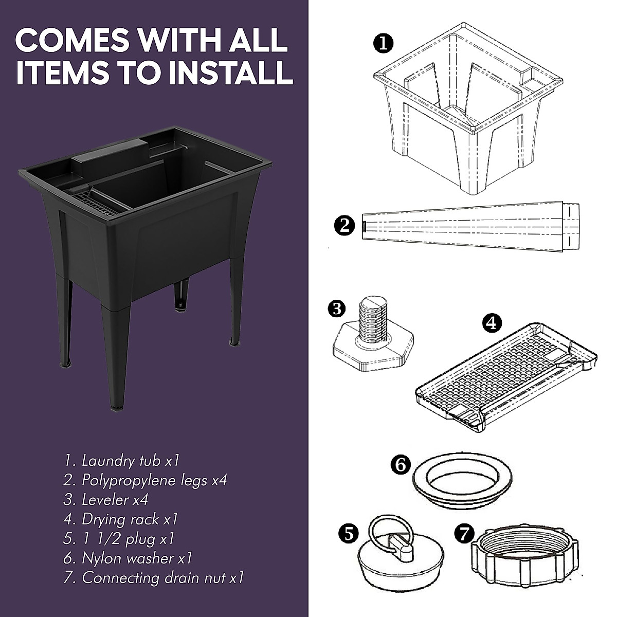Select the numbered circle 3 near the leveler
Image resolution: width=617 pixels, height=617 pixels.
(x=336, y=308)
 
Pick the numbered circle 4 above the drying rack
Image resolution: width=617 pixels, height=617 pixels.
(x=492, y=322)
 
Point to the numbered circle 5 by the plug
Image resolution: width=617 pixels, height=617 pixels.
(x=349, y=534)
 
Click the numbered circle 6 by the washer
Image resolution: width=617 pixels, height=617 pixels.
(x=401, y=465)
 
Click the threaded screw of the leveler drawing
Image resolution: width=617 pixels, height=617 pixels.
(x=371, y=321)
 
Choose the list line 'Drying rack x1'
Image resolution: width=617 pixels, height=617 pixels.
(x=122, y=519)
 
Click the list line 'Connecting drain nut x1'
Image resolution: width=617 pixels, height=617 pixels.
(x=154, y=577)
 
